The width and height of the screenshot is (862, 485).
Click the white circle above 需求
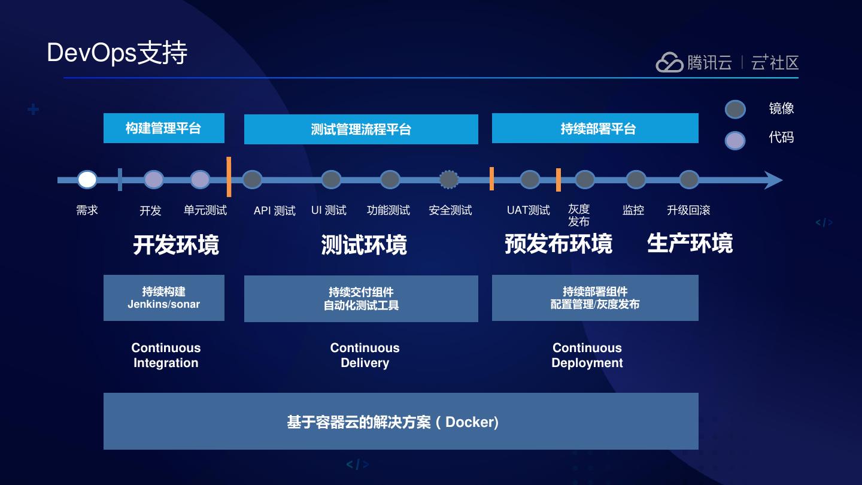tap(87, 180)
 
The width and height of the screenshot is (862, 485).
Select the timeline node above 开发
tap(154, 180)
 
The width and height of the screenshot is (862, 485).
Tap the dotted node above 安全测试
tap(449, 180)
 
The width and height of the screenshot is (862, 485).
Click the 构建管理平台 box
tap(163, 128)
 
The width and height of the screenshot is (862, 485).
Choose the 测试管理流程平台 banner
tap(361, 129)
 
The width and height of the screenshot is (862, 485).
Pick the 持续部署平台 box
tap(595, 128)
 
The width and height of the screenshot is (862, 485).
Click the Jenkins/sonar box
tap(163, 298)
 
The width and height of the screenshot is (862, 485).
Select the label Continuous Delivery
tap(365, 355)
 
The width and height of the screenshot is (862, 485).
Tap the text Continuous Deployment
tap(587, 355)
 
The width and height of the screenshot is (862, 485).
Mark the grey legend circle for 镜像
tap(735, 110)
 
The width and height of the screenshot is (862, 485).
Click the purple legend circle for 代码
tap(735, 140)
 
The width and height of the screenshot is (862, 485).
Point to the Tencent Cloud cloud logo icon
tap(669, 62)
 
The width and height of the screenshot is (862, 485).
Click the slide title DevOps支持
tap(117, 53)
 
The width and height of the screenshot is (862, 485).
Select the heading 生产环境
tap(690, 244)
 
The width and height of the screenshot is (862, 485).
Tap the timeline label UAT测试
tap(528, 210)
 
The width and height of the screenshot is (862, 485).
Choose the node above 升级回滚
tap(689, 180)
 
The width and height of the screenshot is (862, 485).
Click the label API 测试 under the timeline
tap(274, 211)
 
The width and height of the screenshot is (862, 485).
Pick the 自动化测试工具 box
tap(361, 299)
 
